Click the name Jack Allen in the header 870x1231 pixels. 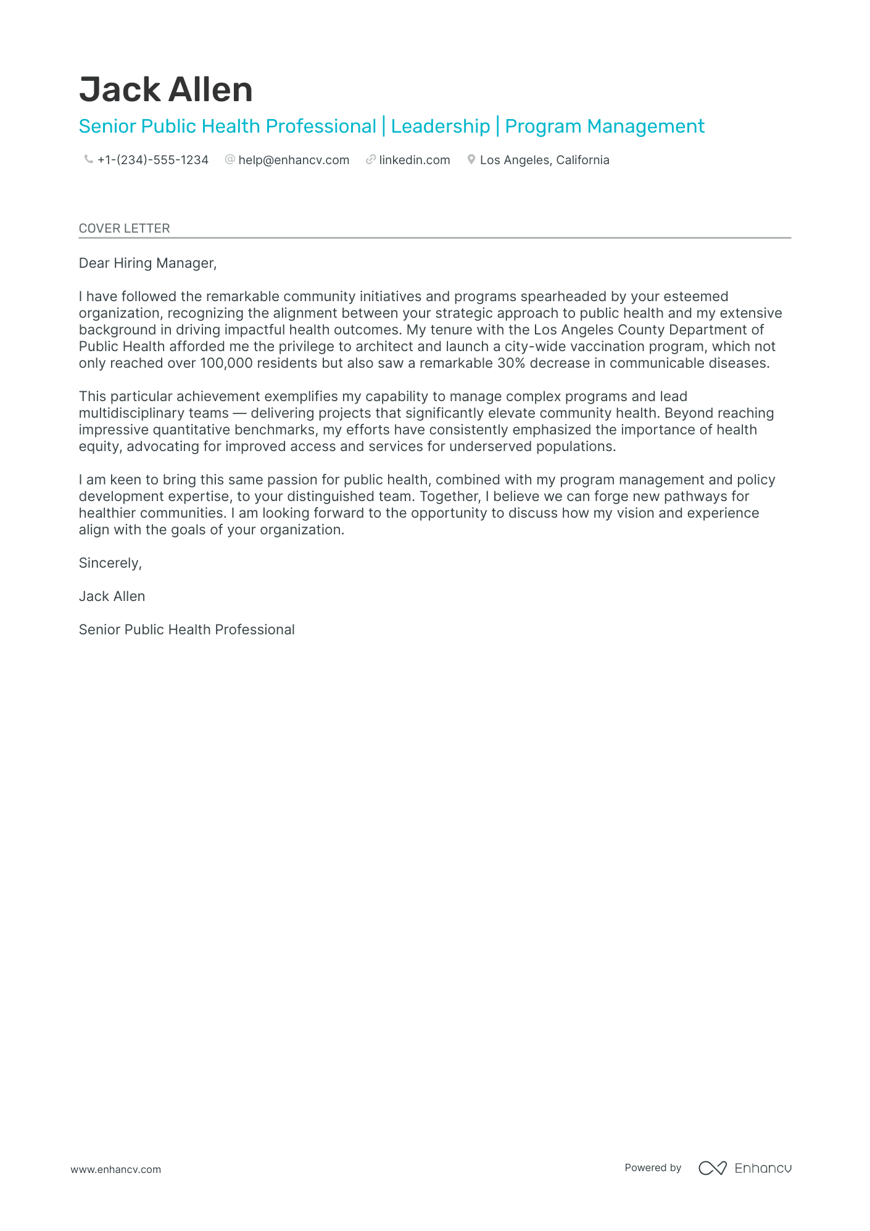(165, 90)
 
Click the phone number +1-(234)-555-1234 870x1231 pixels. (153, 160)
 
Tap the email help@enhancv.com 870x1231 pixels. (294, 160)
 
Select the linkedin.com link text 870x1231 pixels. (415, 160)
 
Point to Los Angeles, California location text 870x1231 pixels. (544, 160)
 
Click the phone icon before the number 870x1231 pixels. (88, 160)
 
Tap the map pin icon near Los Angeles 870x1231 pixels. (471, 160)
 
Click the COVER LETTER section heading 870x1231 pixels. (124, 228)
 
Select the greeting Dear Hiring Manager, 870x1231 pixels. (147, 263)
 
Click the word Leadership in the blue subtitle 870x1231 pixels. (441, 126)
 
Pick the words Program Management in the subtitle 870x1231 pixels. (605, 126)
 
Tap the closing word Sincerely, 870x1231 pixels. (110, 563)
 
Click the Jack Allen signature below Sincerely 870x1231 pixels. (112, 597)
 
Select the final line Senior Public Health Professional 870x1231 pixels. (186, 630)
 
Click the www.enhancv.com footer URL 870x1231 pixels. (115, 1169)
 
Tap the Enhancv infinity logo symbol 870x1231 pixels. (712, 1168)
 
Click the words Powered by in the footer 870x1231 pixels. (653, 1168)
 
